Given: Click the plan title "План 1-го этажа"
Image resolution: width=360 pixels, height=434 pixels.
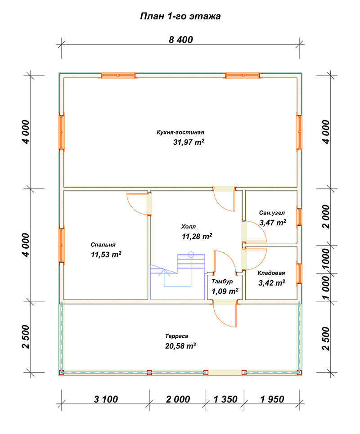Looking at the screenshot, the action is pyautogui.click(x=180, y=16).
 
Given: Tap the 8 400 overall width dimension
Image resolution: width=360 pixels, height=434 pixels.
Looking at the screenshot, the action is pyautogui.click(x=181, y=40).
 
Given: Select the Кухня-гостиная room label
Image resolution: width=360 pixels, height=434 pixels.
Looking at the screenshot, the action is pyautogui.click(x=180, y=132).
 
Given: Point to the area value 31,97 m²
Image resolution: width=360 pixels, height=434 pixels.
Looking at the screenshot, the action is pyautogui.click(x=189, y=142).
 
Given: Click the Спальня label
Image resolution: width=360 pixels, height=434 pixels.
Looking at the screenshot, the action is pyautogui.click(x=103, y=245).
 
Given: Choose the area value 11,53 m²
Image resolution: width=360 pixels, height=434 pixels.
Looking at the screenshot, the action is pyautogui.click(x=106, y=255).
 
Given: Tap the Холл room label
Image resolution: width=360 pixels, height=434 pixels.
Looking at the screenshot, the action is pyautogui.click(x=188, y=227).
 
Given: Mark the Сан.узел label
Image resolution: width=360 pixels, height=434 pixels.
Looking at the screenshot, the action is pyautogui.click(x=272, y=213).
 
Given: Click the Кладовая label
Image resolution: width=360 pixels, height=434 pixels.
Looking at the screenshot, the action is pyautogui.click(x=271, y=273).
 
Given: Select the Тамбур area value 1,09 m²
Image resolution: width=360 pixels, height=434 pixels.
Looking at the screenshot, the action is pyautogui.click(x=225, y=291).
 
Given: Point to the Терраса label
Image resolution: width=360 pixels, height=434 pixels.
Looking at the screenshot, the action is pyautogui.click(x=177, y=336).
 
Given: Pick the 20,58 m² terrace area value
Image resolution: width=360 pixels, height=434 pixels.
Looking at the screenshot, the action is pyautogui.click(x=180, y=346).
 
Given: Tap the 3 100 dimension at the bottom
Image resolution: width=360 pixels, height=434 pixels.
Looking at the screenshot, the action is pyautogui.click(x=106, y=399).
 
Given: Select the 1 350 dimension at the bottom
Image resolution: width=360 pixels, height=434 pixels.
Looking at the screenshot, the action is pyautogui.click(x=225, y=399).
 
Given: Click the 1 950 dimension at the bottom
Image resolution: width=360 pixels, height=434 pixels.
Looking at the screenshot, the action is pyautogui.click(x=272, y=399).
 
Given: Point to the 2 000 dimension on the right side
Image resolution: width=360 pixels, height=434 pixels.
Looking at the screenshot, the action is pyautogui.click(x=327, y=216).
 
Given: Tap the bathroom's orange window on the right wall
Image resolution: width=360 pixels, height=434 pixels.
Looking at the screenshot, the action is pyautogui.click(x=299, y=217).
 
